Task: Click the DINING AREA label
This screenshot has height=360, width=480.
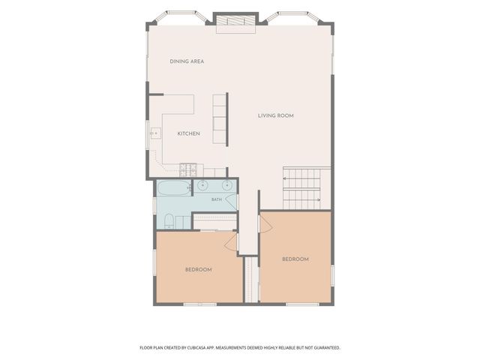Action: pyautogui.click(x=187, y=61)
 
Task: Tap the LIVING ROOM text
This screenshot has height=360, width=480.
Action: pyautogui.click(x=276, y=115)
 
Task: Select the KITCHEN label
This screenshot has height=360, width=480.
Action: pyautogui.click(x=188, y=133)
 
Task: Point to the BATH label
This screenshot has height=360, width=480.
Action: pyautogui.click(x=217, y=199)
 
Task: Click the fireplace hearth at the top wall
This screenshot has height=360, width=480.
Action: pyautogui.click(x=235, y=23)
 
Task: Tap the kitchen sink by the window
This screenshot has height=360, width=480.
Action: pyautogui.click(x=155, y=133)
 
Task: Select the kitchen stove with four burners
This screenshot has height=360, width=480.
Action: pyautogui.click(x=188, y=170)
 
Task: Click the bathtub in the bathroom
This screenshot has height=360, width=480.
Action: pyautogui.click(x=174, y=188)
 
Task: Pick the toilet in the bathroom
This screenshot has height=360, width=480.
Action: pyautogui.click(x=169, y=221)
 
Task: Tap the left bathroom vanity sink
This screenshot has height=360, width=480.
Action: pyautogui.click(x=202, y=185)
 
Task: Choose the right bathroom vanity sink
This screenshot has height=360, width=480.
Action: pyautogui.click(x=226, y=185)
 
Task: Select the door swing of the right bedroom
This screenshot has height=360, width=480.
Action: pyautogui.click(x=265, y=224)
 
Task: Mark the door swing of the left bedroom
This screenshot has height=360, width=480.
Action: pyautogui.click(x=231, y=241)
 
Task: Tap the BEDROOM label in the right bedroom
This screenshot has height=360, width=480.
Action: pyautogui.click(x=295, y=259)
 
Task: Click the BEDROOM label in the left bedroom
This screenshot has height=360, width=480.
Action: pyautogui.click(x=198, y=270)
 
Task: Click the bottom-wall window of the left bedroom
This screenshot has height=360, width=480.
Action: pyautogui.click(x=200, y=304)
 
